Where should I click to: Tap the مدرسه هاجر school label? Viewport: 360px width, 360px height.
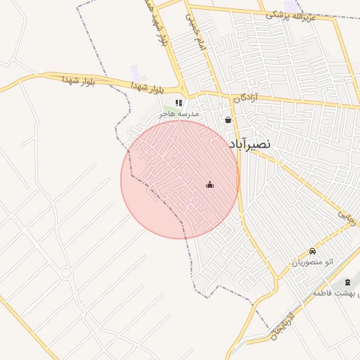click(179, 113)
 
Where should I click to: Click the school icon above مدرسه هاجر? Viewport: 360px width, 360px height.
click(179, 103)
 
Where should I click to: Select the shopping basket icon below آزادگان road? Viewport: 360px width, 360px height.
click(228, 120)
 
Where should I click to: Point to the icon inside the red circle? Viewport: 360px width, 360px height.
click(210, 185)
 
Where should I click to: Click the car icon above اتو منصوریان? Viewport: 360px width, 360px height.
click(312, 252)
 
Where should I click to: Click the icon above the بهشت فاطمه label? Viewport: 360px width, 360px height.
click(347, 283)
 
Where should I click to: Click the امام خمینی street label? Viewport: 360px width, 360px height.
click(192, 28)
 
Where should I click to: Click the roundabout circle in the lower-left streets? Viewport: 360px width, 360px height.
click(66, 273)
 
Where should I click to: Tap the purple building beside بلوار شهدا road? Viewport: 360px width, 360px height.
click(135, 72)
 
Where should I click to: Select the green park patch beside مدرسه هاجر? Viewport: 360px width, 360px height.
click(160, 111)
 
